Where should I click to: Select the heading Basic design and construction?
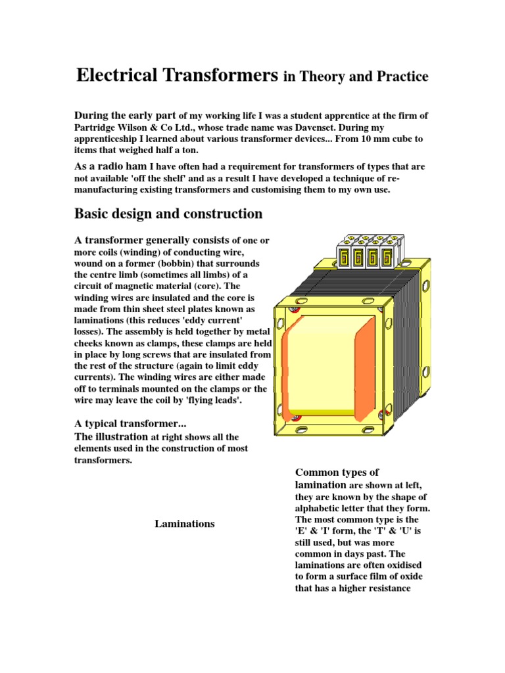tap(168, 214)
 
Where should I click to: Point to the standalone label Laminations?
tap(185, 524)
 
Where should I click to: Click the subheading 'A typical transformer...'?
tap(131, 424)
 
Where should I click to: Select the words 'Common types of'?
tap(337, 473)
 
